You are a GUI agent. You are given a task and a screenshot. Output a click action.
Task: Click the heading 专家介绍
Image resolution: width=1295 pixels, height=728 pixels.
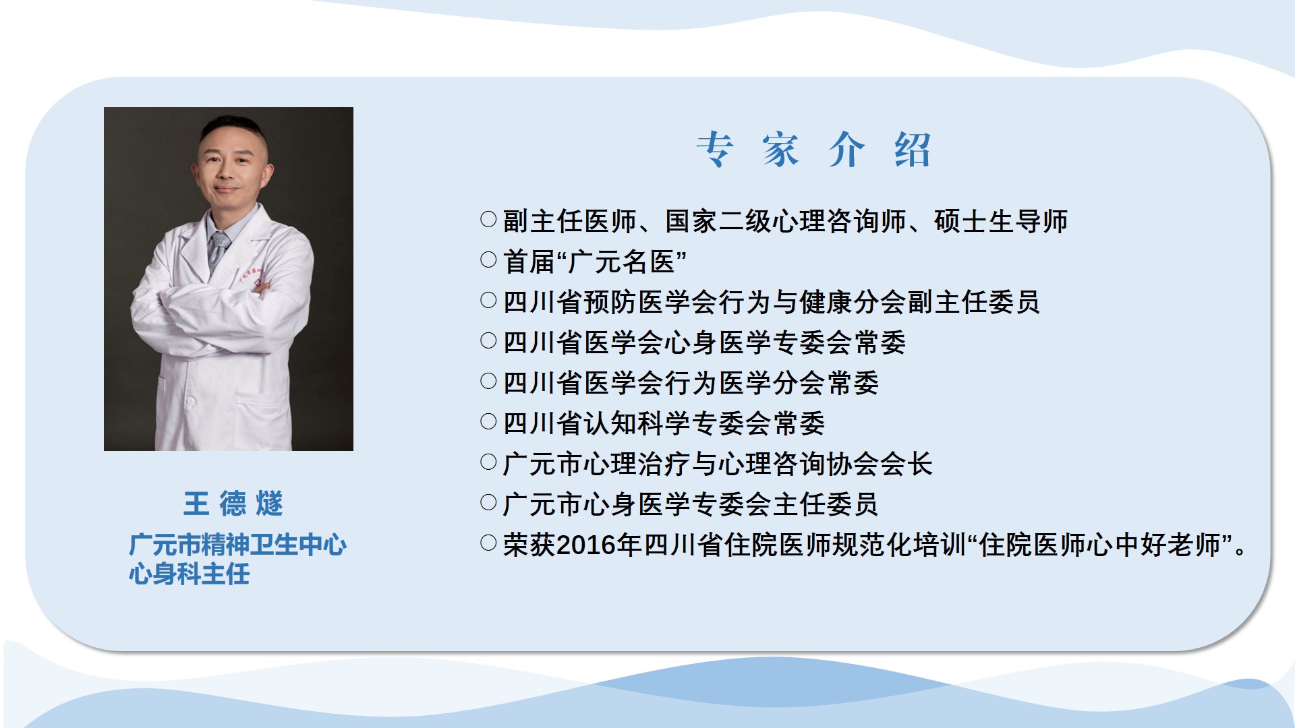(814, 149)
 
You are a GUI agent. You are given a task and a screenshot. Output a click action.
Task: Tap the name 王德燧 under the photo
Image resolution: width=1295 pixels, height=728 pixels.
(233, 504)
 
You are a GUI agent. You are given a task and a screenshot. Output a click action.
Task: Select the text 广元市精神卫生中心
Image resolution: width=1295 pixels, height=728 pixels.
(238, 545)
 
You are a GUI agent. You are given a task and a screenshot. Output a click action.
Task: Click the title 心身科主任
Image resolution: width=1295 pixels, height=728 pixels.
(190, 574)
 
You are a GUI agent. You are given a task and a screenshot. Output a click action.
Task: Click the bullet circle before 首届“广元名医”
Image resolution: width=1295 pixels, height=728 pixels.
(488, 260)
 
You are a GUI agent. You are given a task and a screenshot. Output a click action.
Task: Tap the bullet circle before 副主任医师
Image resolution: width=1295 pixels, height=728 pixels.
(488, 219)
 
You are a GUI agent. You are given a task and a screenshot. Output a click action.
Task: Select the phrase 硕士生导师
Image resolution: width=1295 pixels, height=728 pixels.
(1001, 221)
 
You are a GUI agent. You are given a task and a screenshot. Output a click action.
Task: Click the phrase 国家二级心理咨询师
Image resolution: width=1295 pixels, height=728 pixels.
(786, 221)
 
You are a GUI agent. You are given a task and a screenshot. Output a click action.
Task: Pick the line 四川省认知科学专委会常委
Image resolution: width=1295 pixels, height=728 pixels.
(664, 423)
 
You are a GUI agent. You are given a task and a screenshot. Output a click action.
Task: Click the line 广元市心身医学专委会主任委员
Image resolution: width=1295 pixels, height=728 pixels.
(691, 504)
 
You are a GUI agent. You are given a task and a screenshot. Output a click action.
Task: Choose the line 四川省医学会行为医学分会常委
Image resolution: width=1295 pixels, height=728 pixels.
(691, 383)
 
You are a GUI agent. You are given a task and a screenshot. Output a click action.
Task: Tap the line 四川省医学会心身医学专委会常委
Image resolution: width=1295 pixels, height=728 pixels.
(705, 342)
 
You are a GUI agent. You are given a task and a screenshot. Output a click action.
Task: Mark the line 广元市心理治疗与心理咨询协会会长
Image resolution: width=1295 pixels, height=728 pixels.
(718, 464)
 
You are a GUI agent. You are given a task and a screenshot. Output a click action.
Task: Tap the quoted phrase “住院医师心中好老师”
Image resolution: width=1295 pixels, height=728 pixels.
(1101, 545)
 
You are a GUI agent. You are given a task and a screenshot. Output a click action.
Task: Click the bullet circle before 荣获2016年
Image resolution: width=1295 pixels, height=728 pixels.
(488, 543)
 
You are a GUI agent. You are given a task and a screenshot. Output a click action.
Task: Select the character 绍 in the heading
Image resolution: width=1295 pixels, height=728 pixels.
(913, 150)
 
